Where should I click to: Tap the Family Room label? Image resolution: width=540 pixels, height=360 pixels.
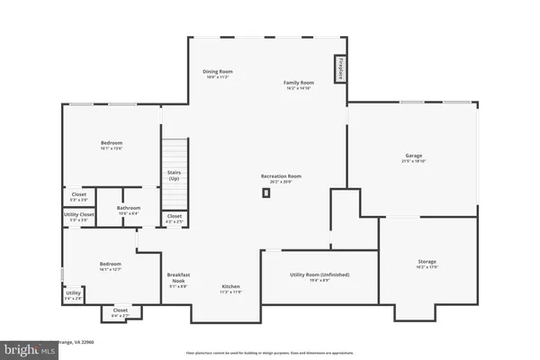click(x=300, y=85)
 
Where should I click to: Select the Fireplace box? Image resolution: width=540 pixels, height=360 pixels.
click(x=341, y=68)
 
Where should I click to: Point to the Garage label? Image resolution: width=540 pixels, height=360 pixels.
click(x=413, y=157)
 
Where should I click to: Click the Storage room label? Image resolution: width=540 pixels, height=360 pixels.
click(x=427, y=264)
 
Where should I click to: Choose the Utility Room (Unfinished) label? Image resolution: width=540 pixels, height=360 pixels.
click(x=319, y=276)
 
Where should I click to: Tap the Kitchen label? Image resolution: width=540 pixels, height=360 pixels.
click(x=231, y=288)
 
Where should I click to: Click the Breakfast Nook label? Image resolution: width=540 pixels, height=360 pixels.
click(x=177, y=280)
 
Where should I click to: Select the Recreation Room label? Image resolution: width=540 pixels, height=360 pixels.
click(x=281, y=178)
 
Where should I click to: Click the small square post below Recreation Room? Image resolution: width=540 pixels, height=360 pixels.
click(x=266, y=193)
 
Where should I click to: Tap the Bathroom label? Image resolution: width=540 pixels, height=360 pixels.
click(x=129, y=210)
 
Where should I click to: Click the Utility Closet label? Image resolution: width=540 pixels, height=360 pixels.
click(x=79, y=216)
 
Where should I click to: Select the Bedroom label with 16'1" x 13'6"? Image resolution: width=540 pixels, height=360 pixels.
click(x=112, y=146)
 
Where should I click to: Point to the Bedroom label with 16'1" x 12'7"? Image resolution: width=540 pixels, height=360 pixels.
click(x=111, y=265)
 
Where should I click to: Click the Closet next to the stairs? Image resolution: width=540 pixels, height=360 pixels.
click(x=175, y=217)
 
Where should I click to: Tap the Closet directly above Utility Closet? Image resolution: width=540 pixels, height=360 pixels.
click(x=79, y=196)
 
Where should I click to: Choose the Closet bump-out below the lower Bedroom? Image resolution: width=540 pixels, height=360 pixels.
click(x=120, y=312)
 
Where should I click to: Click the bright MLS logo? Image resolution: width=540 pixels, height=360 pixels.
click(x=18, y=347)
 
